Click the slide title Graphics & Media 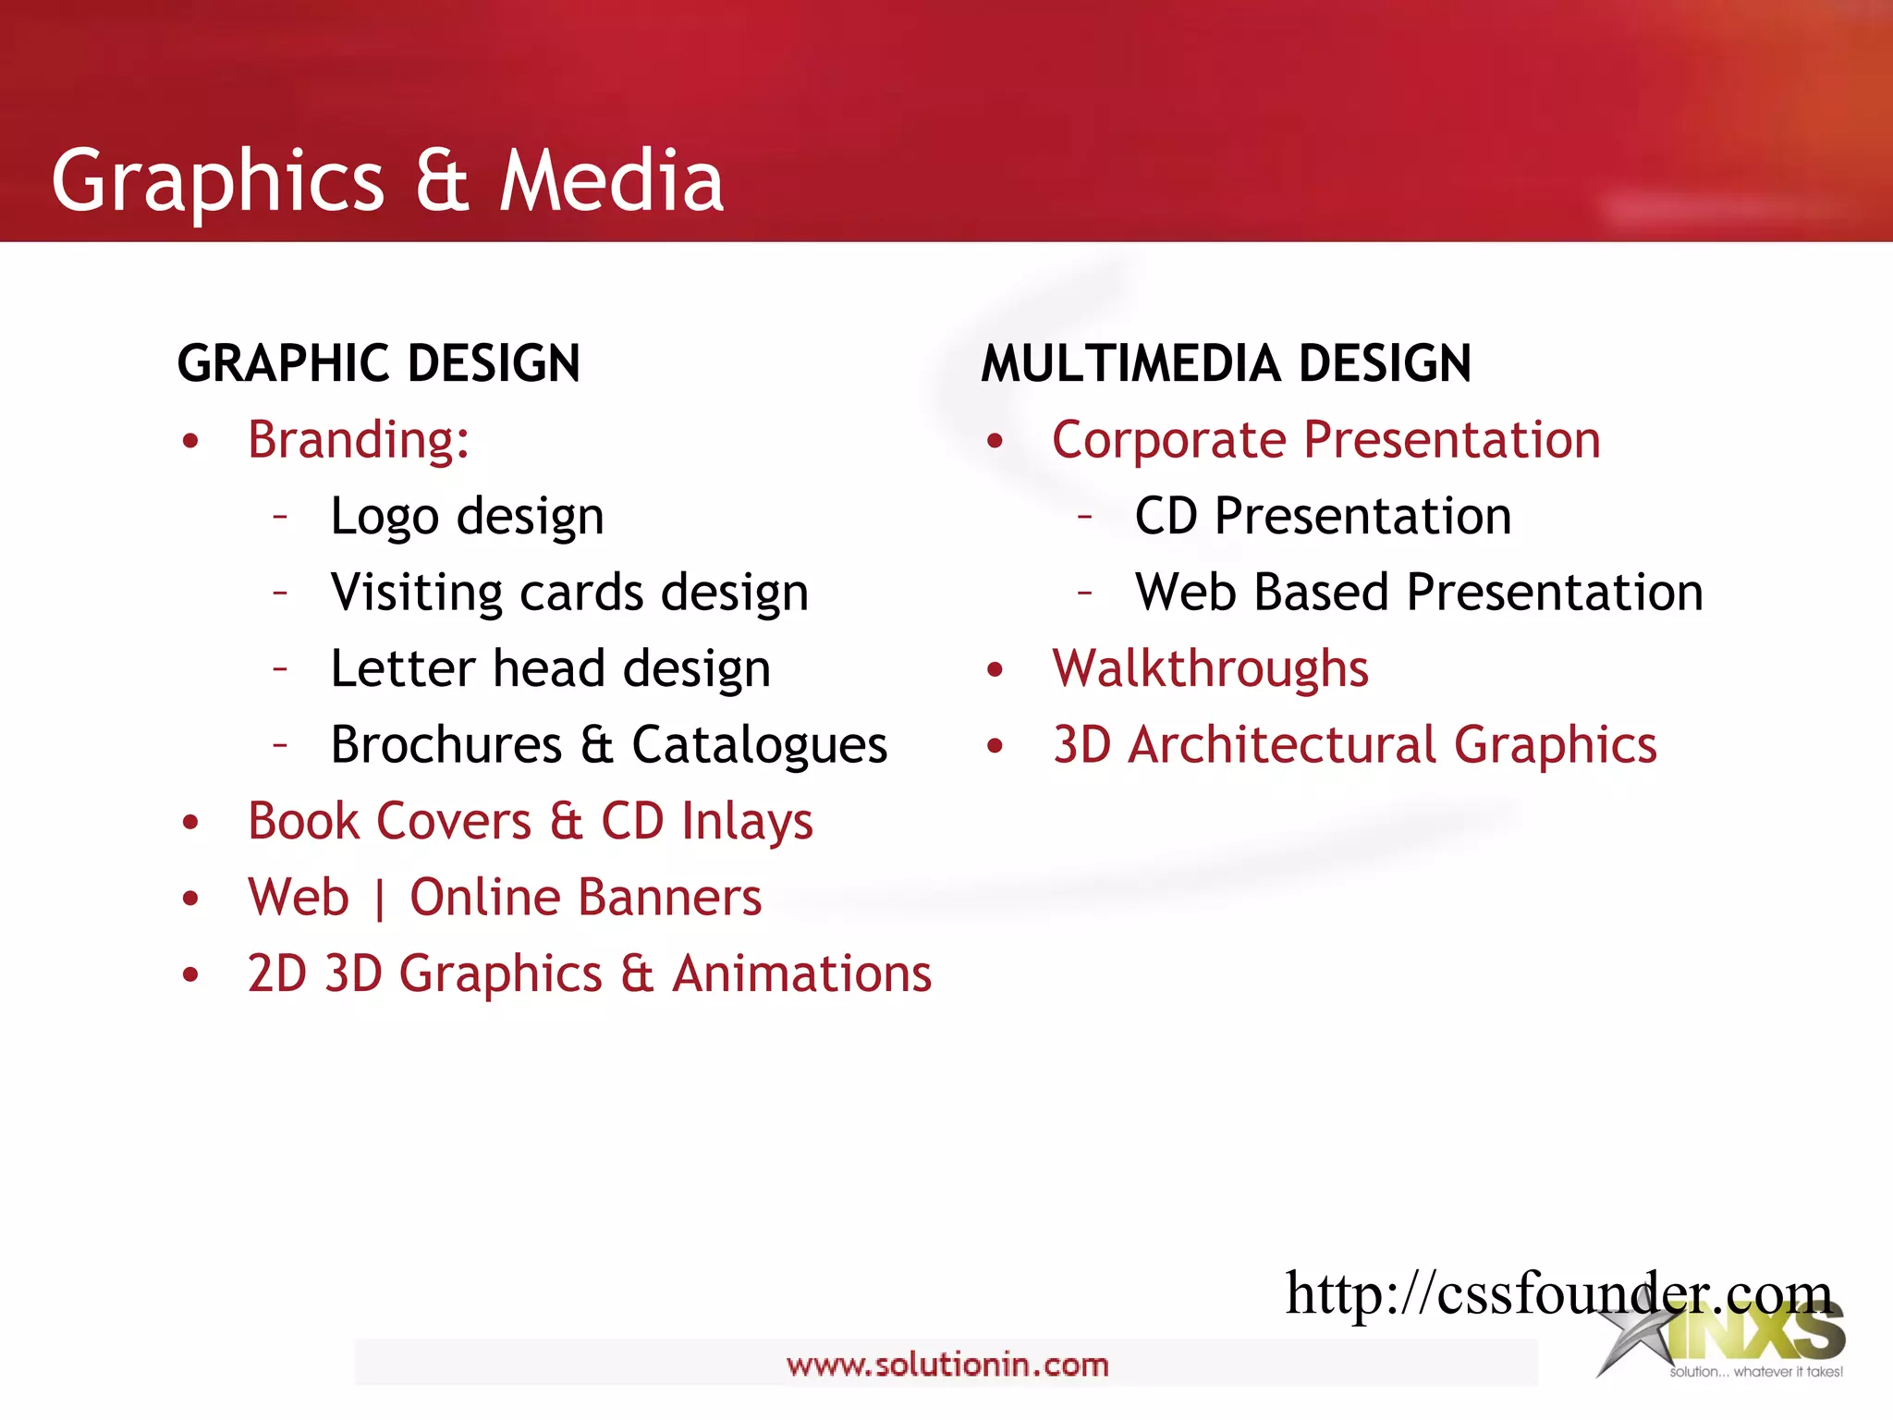point(387,180)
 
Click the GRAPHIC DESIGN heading point(379,362)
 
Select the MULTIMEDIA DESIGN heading point(1226,362)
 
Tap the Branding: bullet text point(359,439)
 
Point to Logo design point(467,516)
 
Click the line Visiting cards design point(569,592)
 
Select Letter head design point(551,668)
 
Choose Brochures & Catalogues point(609,744)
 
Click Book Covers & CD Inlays point(531,821)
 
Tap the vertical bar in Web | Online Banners point(380,900)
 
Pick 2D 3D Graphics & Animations point(590,973)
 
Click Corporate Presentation point(1326,439)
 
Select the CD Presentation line point(1323,516)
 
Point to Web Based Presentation point(1419,592)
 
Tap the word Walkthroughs point(1210,668)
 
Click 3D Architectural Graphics point(1355,744)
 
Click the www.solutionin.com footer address point(947,1365)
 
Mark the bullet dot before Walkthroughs point(995,670)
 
